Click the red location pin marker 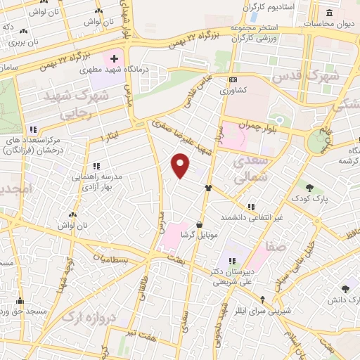coord(181,166)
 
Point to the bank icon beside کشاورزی coord(233,79)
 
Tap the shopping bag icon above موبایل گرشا coord(200,225)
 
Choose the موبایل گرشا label coord(193,236)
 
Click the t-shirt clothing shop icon coord(208,188)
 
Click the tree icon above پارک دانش coord(345,289)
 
